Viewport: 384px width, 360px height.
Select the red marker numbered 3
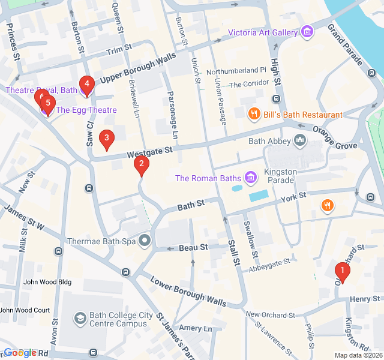tap(107, 140)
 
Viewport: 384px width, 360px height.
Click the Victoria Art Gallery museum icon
tap(308, 31)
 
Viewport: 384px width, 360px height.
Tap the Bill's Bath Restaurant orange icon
tap(254, 114)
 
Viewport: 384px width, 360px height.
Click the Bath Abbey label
tap(269, 142)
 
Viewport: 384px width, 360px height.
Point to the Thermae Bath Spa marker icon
tap(145, 241)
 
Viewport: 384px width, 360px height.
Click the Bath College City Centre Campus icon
tap(80, 319)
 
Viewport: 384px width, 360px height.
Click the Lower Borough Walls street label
tap(188, 292)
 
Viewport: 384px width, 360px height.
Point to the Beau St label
tap(193, 247)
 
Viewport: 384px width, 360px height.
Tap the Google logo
tap(19, 353)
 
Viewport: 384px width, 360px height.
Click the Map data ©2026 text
tap(358, 355)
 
